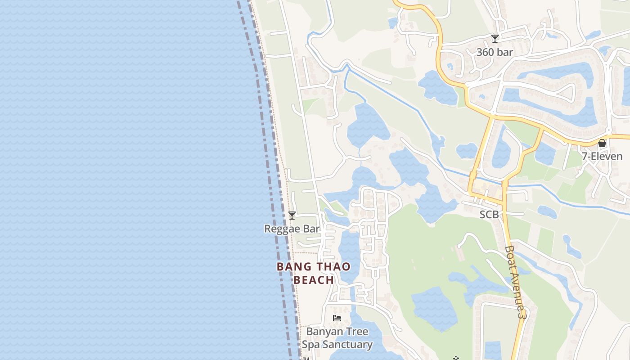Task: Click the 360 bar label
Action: point(495,52)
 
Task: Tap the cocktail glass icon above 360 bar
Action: point(495,39)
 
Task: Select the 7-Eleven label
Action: point(602,157)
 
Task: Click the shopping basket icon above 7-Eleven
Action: point(602,144)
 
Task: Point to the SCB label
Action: point(489,215)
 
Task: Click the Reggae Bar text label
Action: point(292,229)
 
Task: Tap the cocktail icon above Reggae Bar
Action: point(292,216)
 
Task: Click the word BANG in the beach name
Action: point(291,266)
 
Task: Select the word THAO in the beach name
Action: point(331,266)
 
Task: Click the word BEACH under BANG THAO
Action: point(314,280)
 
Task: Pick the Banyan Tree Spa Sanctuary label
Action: point(337,338)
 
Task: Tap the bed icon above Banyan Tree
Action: point(337,318)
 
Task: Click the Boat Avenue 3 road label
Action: point(515,282)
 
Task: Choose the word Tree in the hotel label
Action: point(357,332)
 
